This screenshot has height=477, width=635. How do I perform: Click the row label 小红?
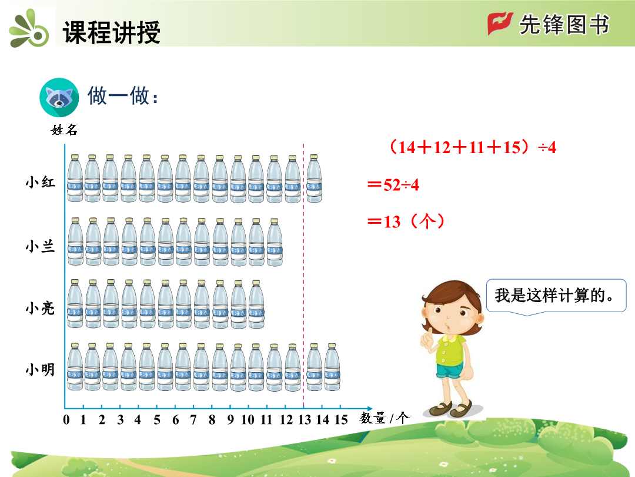point(40,182)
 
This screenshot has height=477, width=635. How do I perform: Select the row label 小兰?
point(40,246)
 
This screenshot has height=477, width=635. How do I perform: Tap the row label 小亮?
point(40,308)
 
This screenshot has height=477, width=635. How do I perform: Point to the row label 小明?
point(40,369)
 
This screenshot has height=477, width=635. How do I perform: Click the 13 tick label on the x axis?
point(305,419)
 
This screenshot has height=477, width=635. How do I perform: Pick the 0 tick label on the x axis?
point(66,419)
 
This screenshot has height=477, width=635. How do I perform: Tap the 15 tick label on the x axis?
point(341,419)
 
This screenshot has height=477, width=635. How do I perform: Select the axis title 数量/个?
point(385,418)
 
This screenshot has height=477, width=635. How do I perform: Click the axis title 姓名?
point(64,130)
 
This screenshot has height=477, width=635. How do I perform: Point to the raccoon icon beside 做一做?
point(59,97)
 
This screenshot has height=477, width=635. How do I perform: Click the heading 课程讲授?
point(111,32)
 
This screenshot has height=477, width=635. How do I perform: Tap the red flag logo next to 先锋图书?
point(500,24)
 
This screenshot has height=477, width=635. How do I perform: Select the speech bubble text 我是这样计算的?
point(554,295)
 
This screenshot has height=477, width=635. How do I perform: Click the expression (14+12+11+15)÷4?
point(472,147)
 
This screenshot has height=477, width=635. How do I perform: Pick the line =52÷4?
point(393,185)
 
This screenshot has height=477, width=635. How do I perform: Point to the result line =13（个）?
point(406,222)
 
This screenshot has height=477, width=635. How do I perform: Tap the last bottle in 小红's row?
point(314,178)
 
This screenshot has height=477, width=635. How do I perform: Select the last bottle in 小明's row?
point(332,367)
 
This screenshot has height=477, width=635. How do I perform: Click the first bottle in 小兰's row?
point(76,242)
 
